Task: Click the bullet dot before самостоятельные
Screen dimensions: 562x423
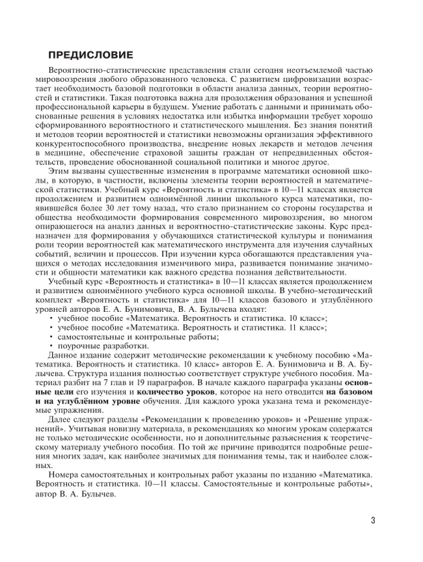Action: [x=51, y=338]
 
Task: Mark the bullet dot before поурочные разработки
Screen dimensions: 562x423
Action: [x=51, y=347]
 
